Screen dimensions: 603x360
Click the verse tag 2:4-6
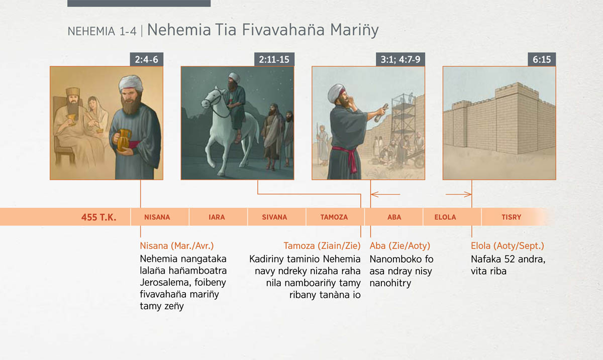click(x=146, y=59)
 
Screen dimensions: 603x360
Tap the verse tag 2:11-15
click(x=274, y=59)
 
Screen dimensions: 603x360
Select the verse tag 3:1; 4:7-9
click(x=400, y=59)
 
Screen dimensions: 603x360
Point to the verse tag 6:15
click(x=542, y=59)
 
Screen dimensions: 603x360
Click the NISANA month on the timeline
click(x=157, y=217)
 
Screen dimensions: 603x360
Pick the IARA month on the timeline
click(x=217, y=217)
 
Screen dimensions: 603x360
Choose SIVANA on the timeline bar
click(x=274, y=217)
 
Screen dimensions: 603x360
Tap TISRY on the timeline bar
click(x=512, y=217)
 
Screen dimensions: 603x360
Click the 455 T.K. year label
click(x=99, y=217)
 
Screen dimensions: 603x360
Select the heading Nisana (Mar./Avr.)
click(x=177, y=246)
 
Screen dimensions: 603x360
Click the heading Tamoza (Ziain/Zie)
click(x=322, y=246)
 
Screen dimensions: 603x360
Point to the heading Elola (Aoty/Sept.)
click(x=508, y=246)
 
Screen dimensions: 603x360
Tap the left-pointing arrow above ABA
click(x=385, y=194)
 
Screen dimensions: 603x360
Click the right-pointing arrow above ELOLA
click(x=458, y=194)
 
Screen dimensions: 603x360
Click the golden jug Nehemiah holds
click(x=123, y=140)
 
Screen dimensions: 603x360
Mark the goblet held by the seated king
click(x=71, y=119)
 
